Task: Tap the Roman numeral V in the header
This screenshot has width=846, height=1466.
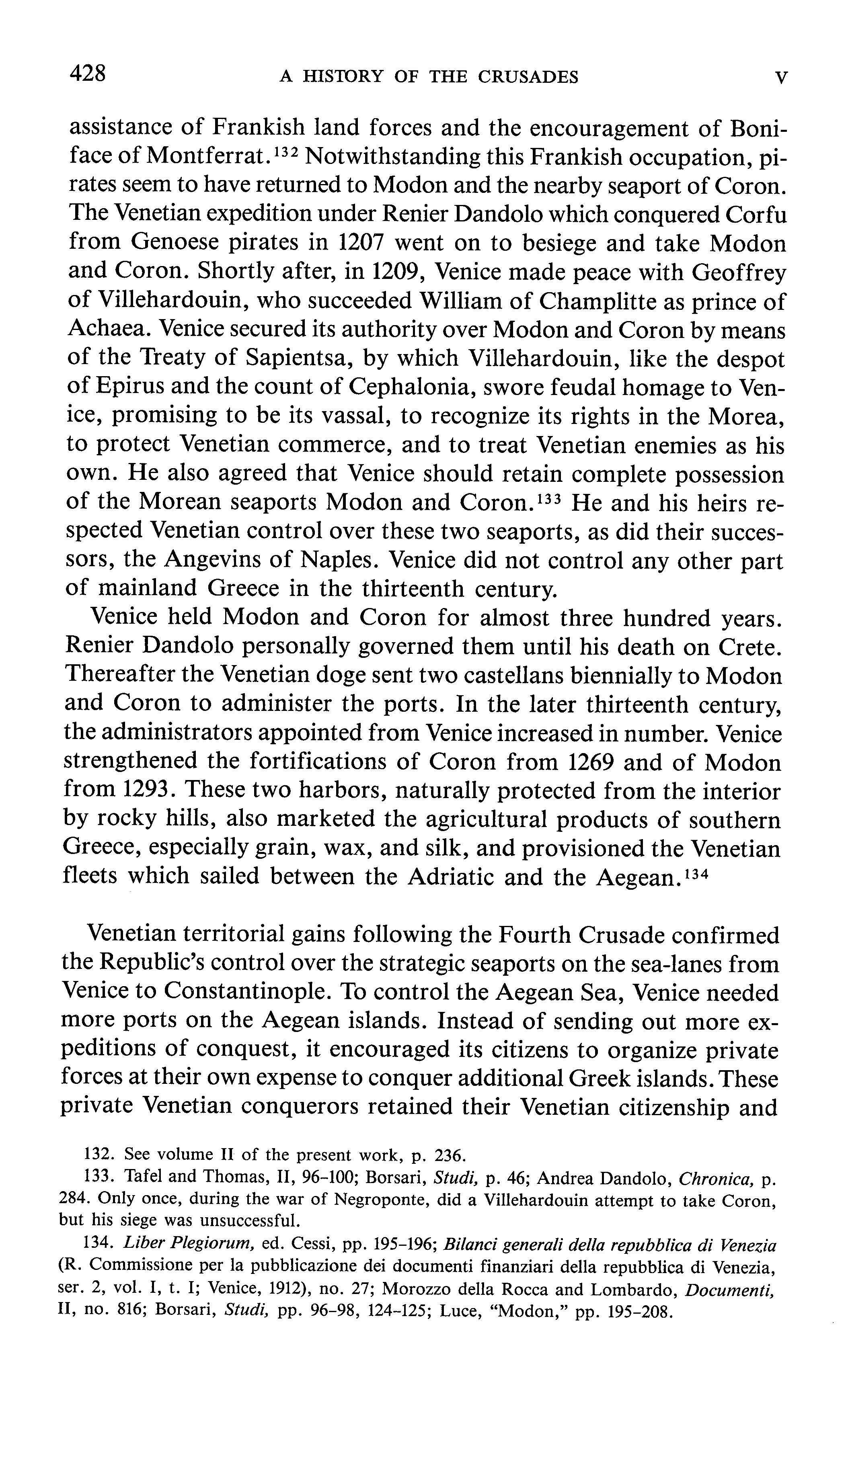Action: click(x=782, y=77)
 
